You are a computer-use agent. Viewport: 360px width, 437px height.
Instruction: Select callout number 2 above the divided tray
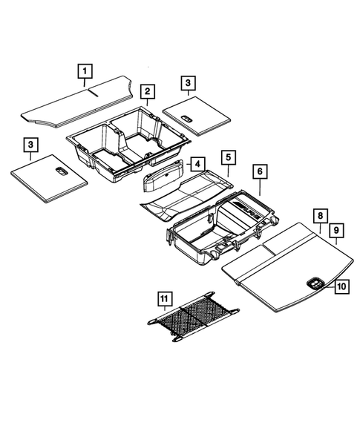148,91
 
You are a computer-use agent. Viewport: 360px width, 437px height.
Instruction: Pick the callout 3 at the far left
30,143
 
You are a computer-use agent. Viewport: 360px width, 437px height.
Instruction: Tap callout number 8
319,216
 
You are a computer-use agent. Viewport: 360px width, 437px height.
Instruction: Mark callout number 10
341,284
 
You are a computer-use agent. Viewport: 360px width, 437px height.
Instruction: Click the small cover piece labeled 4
165,179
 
